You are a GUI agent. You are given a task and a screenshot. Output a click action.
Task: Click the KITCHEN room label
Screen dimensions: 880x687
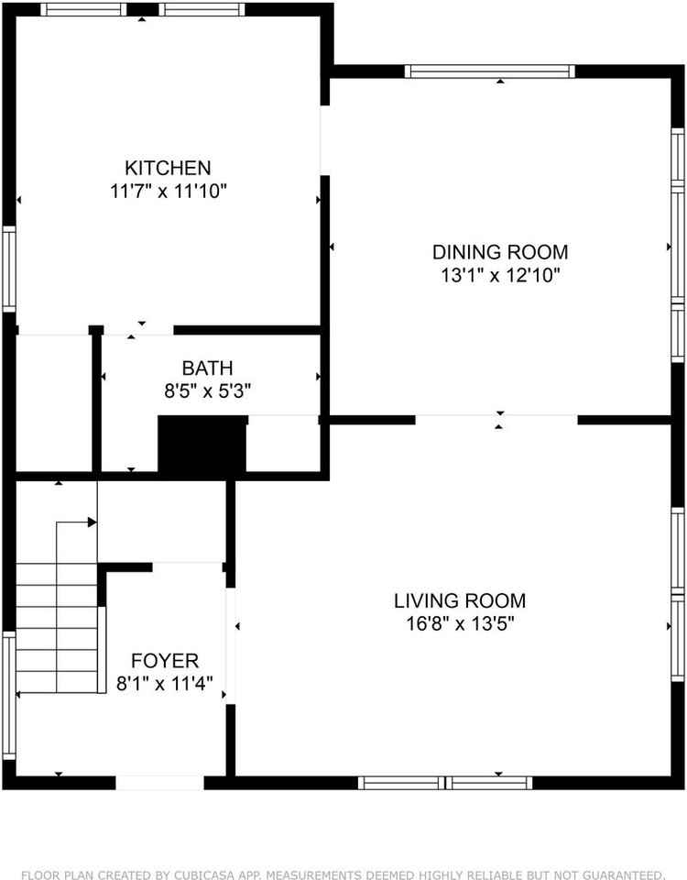[168, 168]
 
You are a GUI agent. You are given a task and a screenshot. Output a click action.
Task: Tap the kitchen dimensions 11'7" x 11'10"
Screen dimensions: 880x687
[168, 192]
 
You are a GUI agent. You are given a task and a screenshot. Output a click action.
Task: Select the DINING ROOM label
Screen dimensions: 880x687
[500, 251]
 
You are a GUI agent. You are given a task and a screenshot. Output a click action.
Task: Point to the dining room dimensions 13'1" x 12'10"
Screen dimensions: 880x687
[500, 275]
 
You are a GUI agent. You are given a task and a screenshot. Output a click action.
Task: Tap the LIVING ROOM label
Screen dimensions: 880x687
[460, 601]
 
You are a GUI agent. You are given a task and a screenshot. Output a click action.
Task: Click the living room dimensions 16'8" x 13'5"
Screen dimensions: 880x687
[460, 624]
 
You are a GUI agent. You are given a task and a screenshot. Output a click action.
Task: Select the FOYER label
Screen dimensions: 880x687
[165, 661]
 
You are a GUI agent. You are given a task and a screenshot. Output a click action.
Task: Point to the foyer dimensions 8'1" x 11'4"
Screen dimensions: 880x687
[165, 683]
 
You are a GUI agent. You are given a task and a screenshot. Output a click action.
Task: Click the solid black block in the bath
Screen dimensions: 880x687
[202, 444]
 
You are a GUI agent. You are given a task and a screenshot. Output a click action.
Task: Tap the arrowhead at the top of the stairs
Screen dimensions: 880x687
[92, 522]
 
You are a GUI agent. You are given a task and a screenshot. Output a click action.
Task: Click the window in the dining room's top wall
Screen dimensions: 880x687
[490, 71]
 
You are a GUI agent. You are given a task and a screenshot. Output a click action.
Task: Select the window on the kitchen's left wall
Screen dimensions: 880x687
[8, 268]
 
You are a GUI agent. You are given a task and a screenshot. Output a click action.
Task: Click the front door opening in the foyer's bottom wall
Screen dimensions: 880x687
[159, 782]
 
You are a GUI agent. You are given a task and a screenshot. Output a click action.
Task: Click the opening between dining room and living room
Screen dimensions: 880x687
[497, 420]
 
